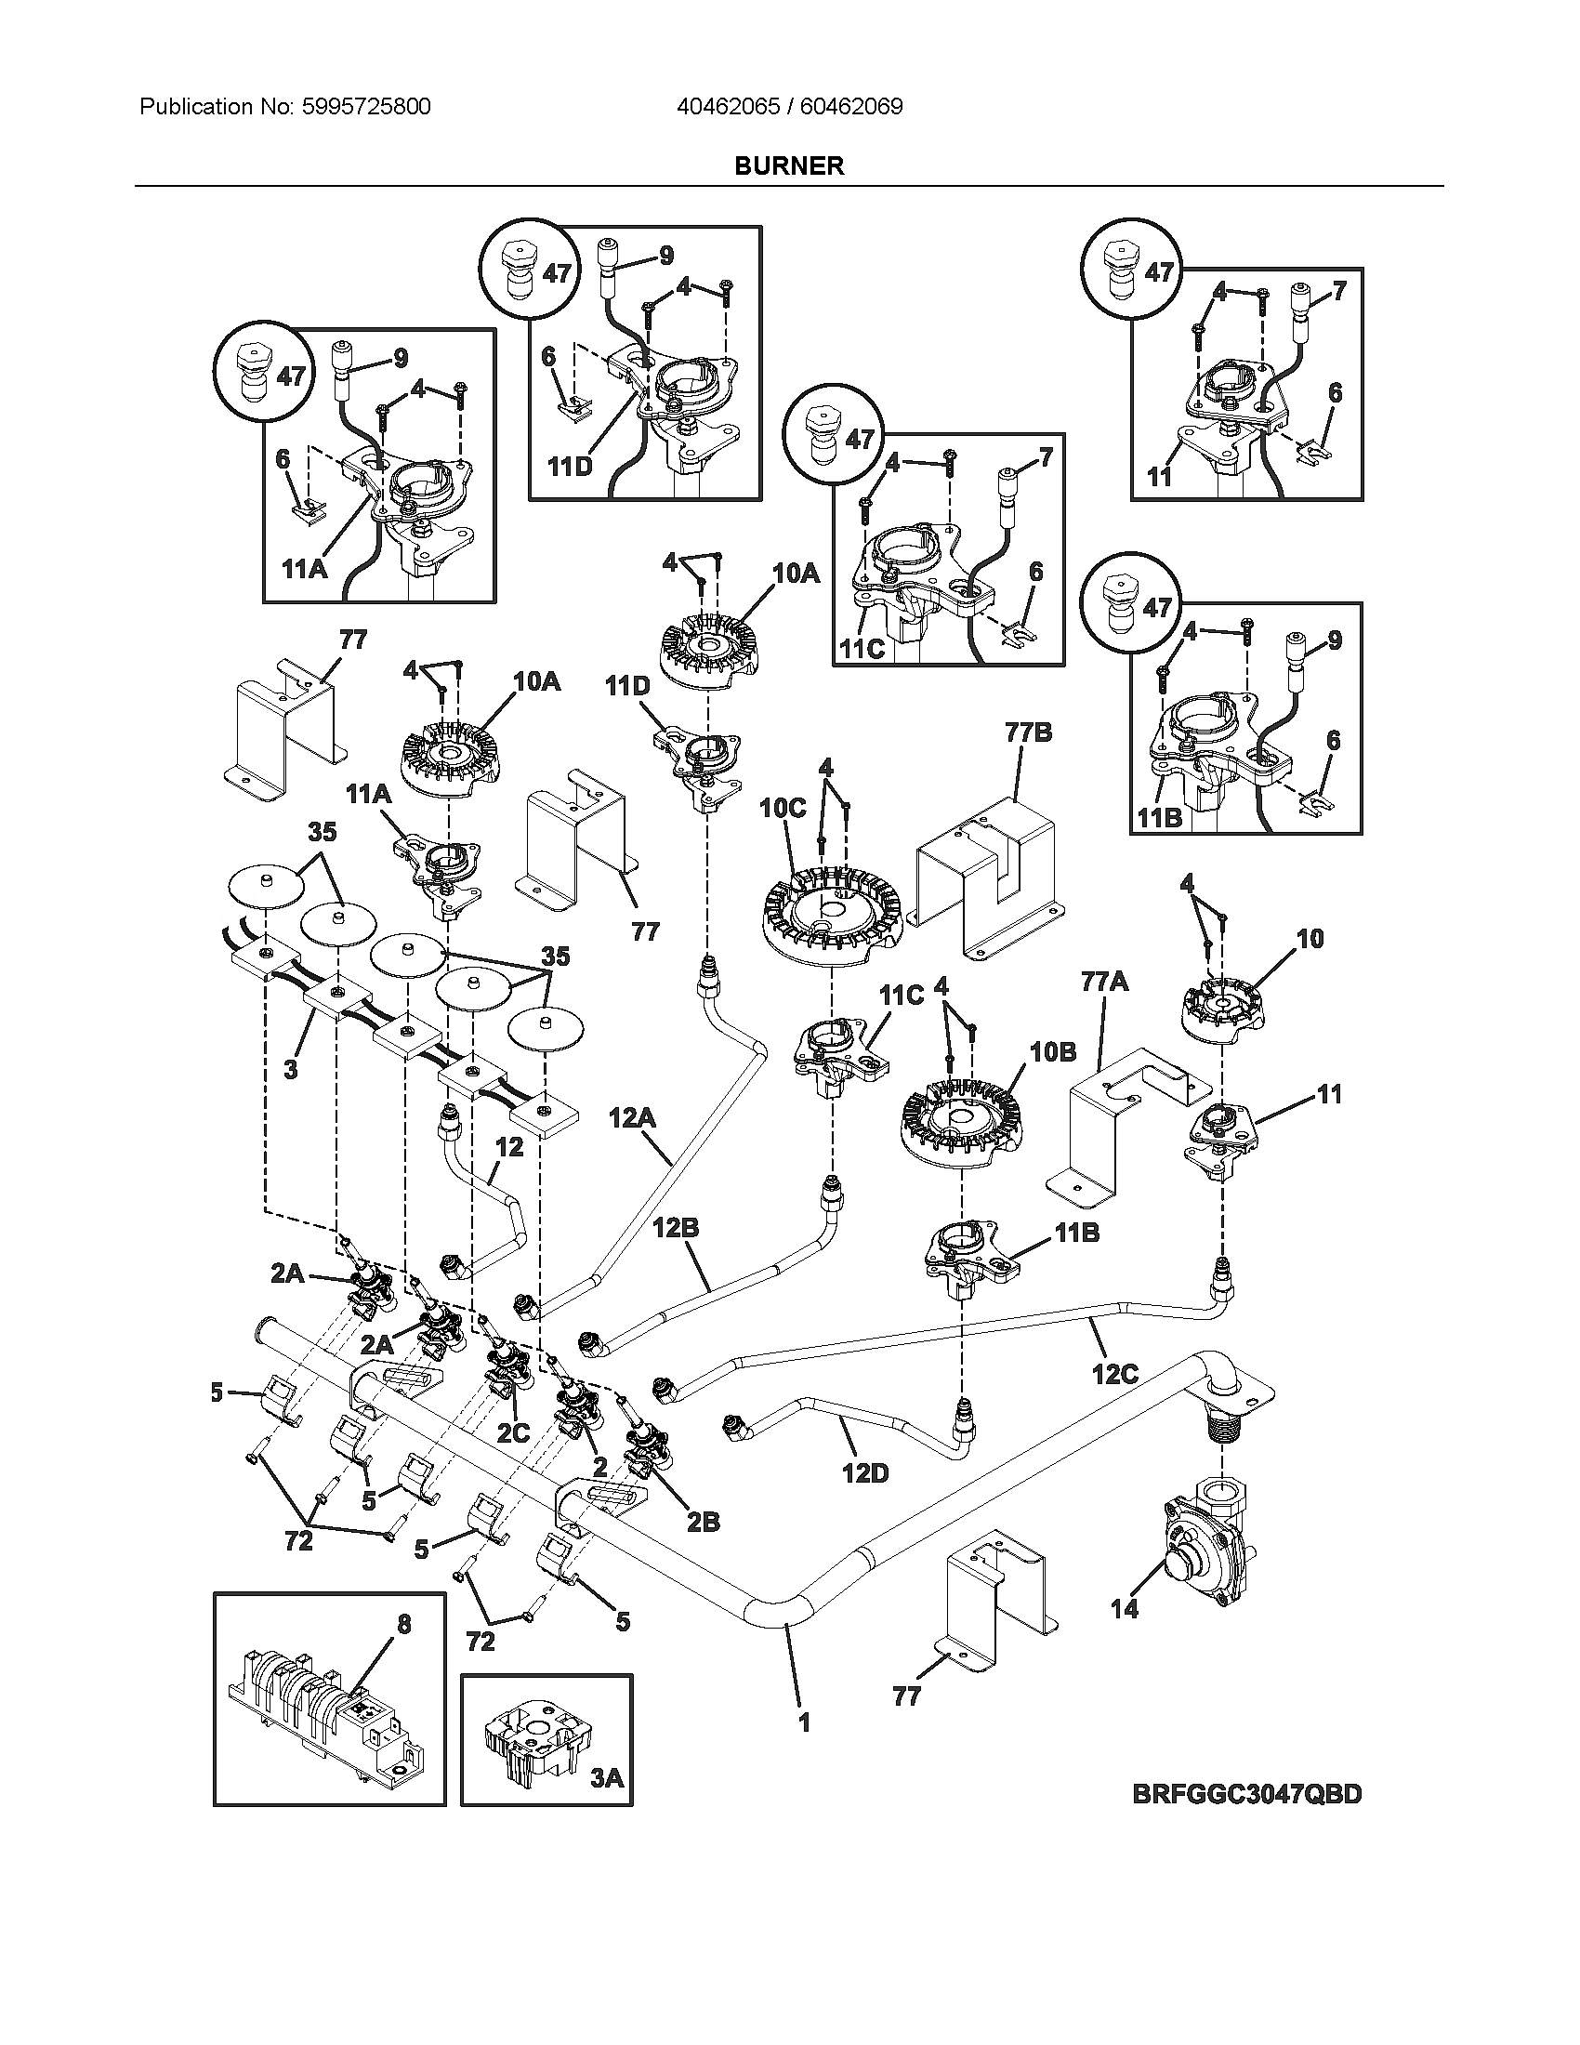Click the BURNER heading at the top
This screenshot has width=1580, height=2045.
coord(788,165)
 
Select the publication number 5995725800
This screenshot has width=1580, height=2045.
coord(366,107)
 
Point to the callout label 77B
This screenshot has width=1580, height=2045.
coord(1029,733)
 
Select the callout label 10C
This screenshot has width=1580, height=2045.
coord(783,807)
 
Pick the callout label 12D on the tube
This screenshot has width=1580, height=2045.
coord(864,1474)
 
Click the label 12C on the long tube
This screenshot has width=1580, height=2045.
coord(1114,1374)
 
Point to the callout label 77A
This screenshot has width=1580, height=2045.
coord(1104,983)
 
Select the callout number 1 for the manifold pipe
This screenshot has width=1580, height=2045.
coord(803,1722)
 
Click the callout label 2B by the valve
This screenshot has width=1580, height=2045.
coord(703,1524)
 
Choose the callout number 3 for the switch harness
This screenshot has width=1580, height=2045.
coord(291,1069)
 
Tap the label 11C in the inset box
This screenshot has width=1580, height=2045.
coord(862,649)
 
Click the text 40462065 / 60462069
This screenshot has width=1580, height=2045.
coord(789,107)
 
